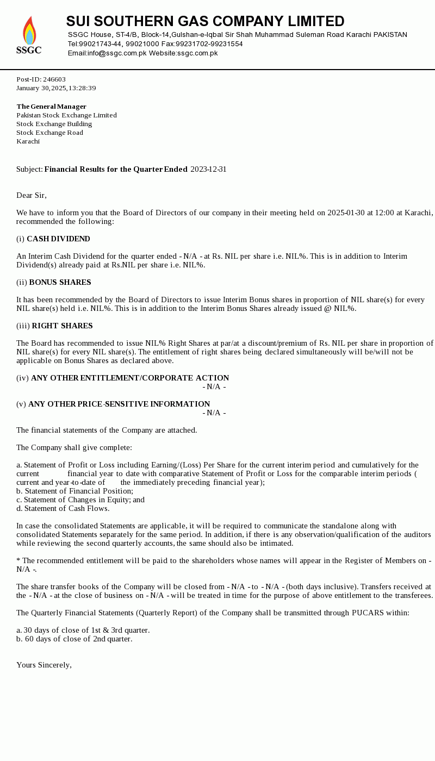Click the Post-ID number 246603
[54, 79]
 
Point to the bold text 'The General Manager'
[52, 107]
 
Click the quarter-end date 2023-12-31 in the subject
[208, 170]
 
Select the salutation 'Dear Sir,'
[32, 196]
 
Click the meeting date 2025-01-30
[346, 213]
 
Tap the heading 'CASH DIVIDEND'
[58, 239]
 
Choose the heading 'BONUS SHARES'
[60, 283]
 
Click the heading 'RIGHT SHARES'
[62, 326]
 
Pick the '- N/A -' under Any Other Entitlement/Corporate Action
[214, 387]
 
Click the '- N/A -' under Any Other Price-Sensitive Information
[214, 413]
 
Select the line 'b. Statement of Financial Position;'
[74, 491]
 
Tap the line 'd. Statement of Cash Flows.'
[63, 509]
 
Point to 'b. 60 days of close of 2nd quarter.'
[74, 639]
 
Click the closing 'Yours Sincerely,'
[44, 665]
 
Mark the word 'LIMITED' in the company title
[315, 22]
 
